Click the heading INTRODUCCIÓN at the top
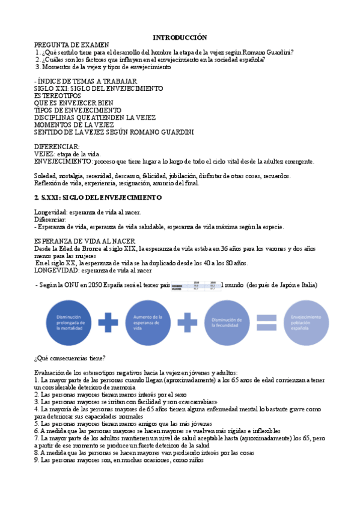point(179,37)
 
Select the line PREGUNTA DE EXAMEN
point(72,45)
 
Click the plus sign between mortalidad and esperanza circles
point(109,322)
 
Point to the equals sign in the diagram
point(266,322)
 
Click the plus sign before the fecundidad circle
point(188,322)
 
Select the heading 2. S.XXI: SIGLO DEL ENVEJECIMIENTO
point(98,197)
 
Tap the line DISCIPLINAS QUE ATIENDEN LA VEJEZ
point(95,117)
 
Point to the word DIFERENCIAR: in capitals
point(56,147)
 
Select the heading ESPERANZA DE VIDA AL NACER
point(85,241)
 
